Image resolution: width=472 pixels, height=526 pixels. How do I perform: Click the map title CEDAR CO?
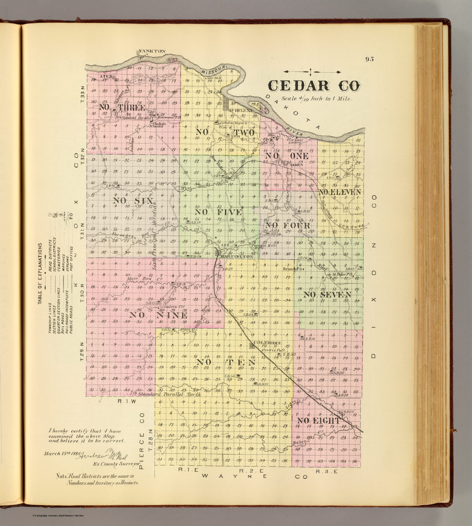(313, 86)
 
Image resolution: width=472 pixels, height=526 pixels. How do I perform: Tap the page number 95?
(369, 59)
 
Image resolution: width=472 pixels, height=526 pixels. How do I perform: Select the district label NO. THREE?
(122, 107)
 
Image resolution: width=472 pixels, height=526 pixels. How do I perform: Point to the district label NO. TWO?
(225, 132)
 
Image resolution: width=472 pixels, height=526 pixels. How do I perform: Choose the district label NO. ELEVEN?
(340, 192)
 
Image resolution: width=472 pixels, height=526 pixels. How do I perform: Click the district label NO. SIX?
(133, 201)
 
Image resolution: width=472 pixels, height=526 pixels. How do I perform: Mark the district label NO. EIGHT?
(318, 421)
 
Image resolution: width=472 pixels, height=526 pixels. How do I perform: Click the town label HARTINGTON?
(237, 256)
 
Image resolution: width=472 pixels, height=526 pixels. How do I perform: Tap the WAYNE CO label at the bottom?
(255, 476)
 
